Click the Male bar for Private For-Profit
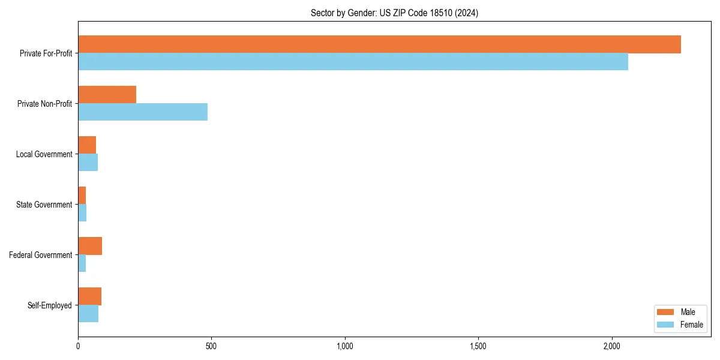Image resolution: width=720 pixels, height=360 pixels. pyautogui.click(x=379, y=44)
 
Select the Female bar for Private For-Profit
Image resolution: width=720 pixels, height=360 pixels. pyautogui.click(x=353, y=62)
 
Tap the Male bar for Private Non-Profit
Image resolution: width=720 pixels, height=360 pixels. pyautogui.click(x=107, y=95)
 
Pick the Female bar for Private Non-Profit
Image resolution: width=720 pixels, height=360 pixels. pyautogui.click(x=143, y=112)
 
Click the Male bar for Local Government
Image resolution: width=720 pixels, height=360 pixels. pyautogui.click(x=87, y=145)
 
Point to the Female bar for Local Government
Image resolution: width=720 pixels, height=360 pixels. pyautogui.click(x=88, y=163)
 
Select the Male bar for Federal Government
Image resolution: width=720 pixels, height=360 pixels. pyautogui.click(x=90, y=246)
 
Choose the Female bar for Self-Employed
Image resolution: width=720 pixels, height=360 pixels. pyautogui.click(x=88, y=314)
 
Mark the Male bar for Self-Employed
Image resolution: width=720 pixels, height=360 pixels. pyautogui.click(x=89, y=296)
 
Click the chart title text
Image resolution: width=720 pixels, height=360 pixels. pyautogui.click(x=394, y=13)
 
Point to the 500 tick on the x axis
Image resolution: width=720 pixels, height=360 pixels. pyautogui.click(x=211, y=347)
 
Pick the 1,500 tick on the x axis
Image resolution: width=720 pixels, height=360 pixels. pyautogui.click(x=478, y=347)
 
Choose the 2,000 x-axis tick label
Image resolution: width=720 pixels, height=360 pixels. pyautogui.click(x=611, y=347)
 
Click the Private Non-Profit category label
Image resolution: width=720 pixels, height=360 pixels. pyautogui.click(x=44, y=104)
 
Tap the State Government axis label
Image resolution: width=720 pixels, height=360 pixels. pyautogui.click(x=44, y=205)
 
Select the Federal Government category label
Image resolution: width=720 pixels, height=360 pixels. pyautogui.click(x=41, y=255)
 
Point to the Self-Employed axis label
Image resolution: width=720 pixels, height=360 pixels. pyautogui.click(x=50, y=305)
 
